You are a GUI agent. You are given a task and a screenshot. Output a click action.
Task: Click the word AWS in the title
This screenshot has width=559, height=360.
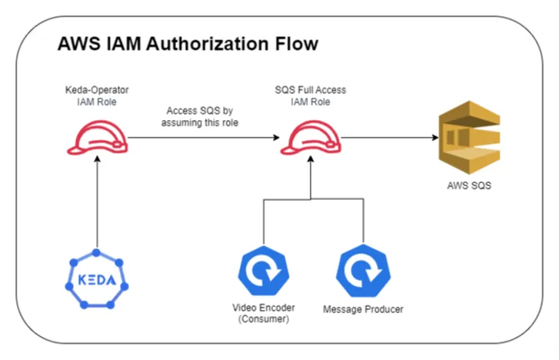click(79, 44)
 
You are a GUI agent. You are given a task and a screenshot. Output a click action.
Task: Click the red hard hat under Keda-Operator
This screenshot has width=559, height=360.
click(97, 139)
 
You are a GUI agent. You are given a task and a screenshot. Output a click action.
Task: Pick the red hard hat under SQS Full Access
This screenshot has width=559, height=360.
click(311, 139)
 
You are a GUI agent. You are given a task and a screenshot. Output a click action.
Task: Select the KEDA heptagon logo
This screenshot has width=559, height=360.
click(97, 278)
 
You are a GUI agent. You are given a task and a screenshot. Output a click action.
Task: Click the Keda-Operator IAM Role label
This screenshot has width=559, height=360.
click(97, 95)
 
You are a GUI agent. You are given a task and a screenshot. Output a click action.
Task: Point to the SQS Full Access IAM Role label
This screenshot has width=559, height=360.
click(311, 95)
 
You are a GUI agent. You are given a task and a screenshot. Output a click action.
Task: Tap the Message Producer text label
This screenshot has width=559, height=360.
click(362, 309)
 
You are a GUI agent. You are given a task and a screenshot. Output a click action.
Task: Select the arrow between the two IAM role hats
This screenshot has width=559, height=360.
click(201, 139)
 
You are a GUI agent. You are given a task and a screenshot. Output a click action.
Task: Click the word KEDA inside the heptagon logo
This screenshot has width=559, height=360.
click(97, 279)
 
